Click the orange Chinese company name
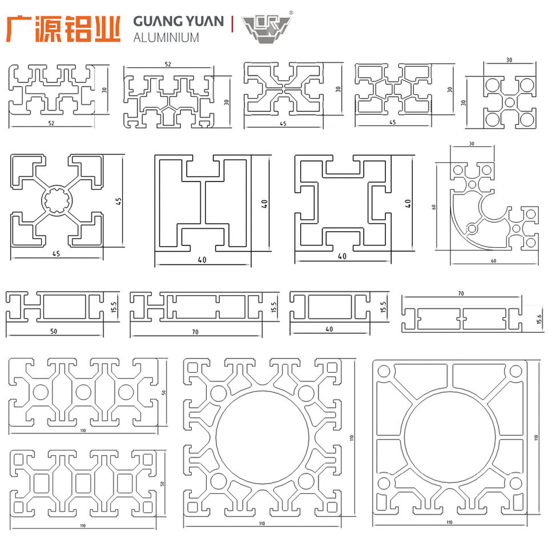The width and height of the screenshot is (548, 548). click(63, 28)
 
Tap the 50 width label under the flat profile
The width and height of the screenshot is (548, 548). click(54, 331)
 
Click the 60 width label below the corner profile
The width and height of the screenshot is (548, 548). click(494, 260)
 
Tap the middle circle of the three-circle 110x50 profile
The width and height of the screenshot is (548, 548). click(83, 392)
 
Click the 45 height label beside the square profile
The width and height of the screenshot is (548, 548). click(118, 202)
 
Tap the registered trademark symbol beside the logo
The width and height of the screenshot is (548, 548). click(291, 12)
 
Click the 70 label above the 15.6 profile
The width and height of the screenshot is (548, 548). click(461, 293)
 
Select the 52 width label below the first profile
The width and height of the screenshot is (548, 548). click(53, 123)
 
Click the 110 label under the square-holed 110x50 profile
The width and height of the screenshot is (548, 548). click(83, 525)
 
